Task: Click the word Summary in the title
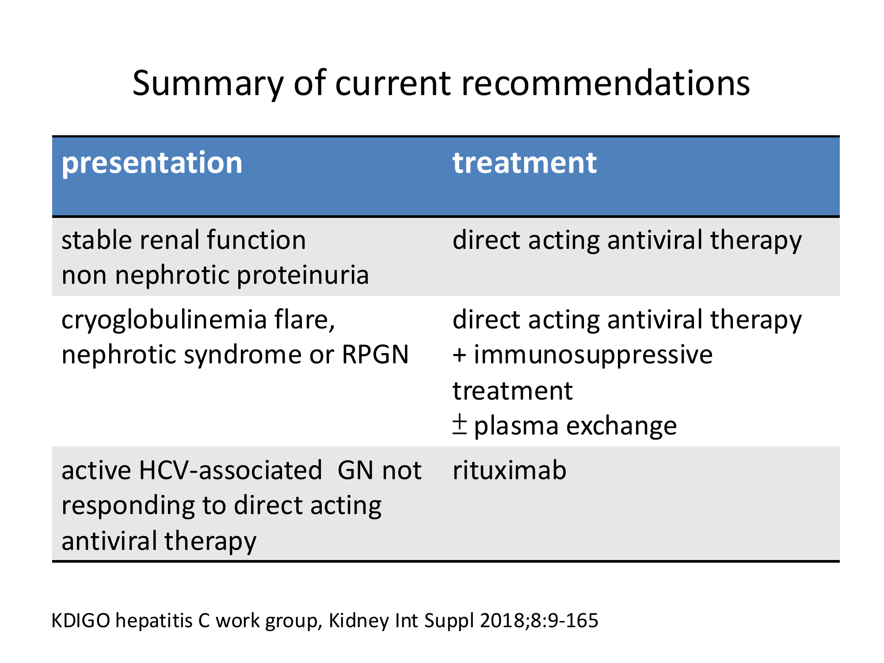click(208, 84)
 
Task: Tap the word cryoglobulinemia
click(164, 321)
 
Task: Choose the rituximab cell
click(510, 470)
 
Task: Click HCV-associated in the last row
click(230, 470)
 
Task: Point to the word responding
click(129, 507)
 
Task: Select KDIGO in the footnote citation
click(81, 621)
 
